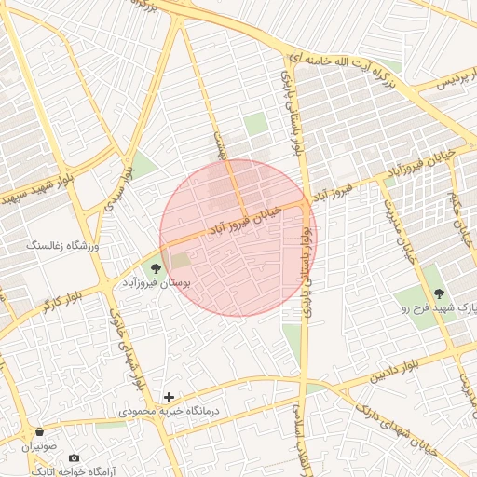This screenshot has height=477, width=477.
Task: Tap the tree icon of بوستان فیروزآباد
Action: click(156, 267)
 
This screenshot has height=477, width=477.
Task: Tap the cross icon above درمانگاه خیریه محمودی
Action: click(169, 397)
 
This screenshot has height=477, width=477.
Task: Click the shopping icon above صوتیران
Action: click(39, 432)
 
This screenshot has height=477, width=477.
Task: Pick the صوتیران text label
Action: click(39, 445)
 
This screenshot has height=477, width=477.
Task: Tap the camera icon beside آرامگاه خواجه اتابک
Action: click(75, 458)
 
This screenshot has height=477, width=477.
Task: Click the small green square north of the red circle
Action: click(255, 124)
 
